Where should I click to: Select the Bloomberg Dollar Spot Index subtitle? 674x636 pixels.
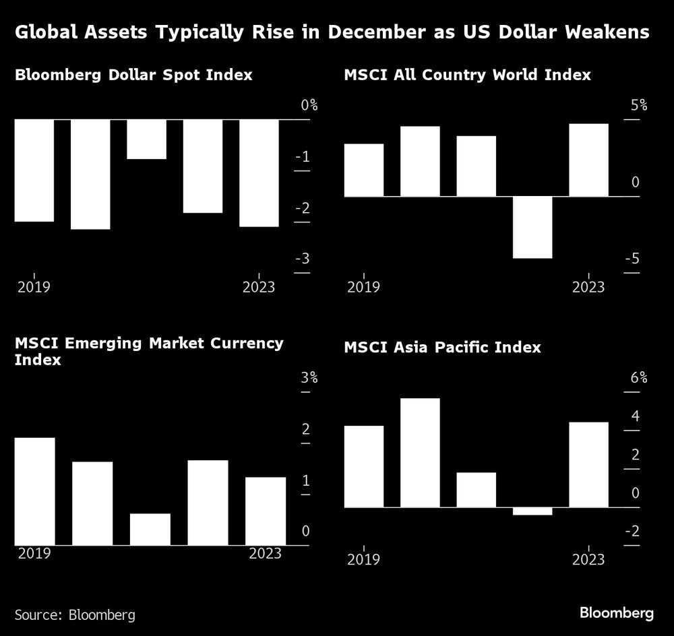[x=133, y=75]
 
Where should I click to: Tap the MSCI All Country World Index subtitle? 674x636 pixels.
[x=467, y=75]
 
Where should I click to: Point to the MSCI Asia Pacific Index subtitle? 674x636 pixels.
[x=442, y=348]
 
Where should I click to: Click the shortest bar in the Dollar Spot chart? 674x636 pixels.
[x=146, y=139]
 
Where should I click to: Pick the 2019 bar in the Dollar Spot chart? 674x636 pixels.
[x=34, y=170]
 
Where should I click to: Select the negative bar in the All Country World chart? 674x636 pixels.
[x=532, y=227]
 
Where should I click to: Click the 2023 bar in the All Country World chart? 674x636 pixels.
[x=588, y=160]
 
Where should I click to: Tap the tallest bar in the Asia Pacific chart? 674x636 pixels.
[x=420, y=453]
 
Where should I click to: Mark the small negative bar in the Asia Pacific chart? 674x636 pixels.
[x=532, y=511]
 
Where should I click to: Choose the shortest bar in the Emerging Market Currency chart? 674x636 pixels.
[x=150, y=529]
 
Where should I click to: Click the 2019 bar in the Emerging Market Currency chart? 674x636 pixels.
[x=34, y=491]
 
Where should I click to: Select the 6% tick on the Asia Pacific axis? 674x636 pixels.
[x=638, y=378]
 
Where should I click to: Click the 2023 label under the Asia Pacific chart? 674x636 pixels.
[x=588, y=560]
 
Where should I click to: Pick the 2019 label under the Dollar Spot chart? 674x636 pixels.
[x=34, y=288]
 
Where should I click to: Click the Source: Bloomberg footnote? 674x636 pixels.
[x=75, y=614]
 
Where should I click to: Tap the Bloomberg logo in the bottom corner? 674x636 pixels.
[x=617, y=613]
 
